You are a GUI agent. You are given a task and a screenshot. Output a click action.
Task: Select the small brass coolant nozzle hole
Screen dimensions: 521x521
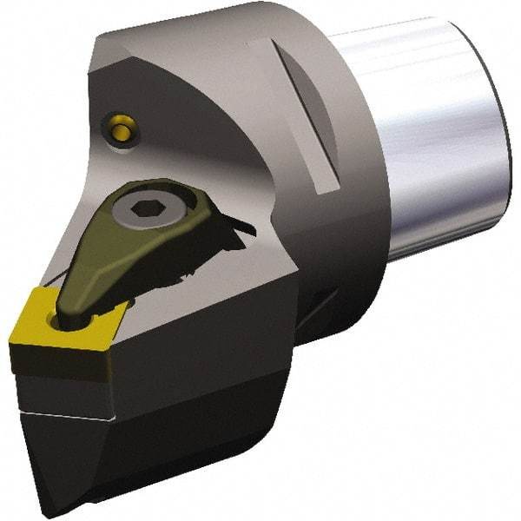pyautogui.click(x=118, y=128)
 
